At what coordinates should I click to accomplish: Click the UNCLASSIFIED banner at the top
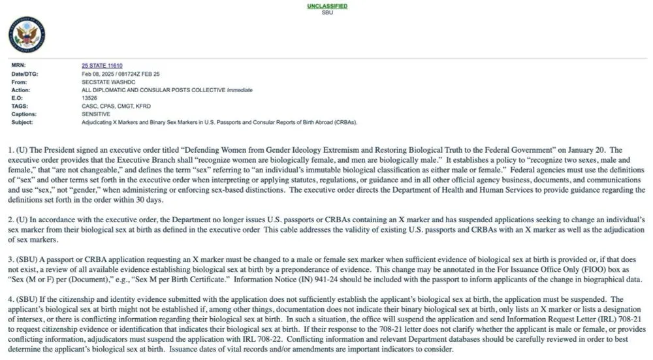[x=327, y=6]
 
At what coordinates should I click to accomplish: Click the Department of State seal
[x=27, y=35]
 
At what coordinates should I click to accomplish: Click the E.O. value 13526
[x=89, y=98]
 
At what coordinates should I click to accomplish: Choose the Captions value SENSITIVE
[x=96, y=114]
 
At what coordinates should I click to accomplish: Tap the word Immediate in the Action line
[x=240, y=90]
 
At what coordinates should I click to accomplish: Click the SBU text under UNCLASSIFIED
[x=327, y=12]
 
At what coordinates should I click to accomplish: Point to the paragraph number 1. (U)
[x=17, y=150]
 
